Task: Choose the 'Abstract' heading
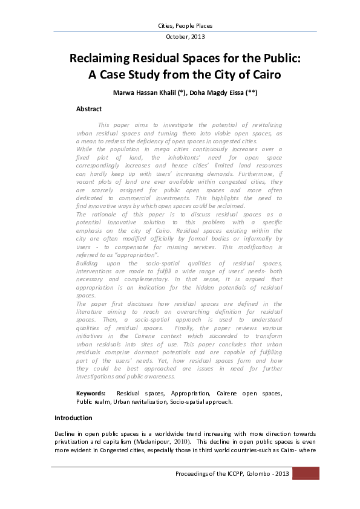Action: (x=88, y=109)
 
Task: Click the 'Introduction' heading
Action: (x=73, y=418)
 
